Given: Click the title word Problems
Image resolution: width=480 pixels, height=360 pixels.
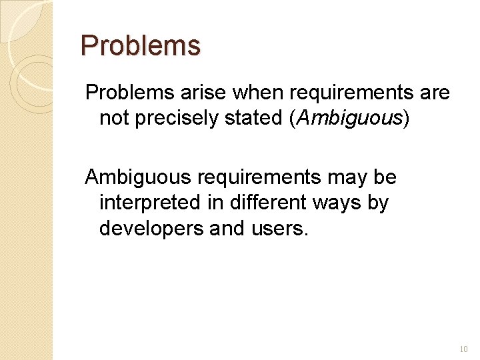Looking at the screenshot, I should coord(140,46).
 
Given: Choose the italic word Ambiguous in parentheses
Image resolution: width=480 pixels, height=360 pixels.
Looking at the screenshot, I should coord(351,118).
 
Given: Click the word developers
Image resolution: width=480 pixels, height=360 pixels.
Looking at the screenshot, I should coord(151,228).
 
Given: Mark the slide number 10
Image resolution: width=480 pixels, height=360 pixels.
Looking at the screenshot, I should coord(464,349).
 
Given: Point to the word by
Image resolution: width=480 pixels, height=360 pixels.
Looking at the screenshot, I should coord(378,203).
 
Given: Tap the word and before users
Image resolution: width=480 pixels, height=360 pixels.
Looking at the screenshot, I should coord(228,228).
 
